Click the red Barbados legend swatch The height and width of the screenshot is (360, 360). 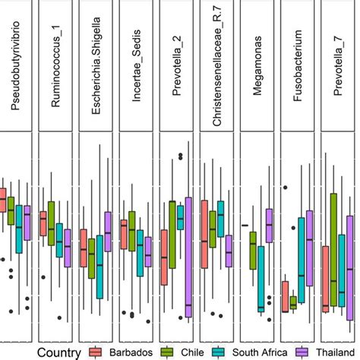tap(96, 351)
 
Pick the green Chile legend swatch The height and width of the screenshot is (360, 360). tap(165, 351)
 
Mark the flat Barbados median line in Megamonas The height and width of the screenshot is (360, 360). tap(245, 226)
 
